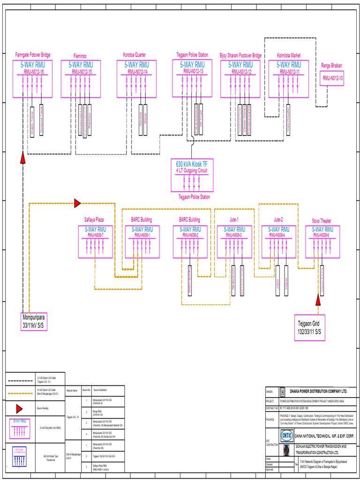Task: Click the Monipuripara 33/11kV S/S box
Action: [x=35, y=321]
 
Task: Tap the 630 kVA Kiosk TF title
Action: [x=191, y=164]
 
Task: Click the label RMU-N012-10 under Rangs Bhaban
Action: [x=332, y=79]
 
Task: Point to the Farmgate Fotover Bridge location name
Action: [x=33, y=55]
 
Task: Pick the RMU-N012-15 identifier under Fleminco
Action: [x=82, y=72]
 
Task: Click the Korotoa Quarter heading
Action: [x=135, y=55]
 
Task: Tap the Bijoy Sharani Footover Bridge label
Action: [x=240, y=55]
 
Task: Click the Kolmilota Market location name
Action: [x=289, y=55]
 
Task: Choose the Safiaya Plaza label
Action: [x=94, y=219]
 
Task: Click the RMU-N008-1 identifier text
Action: [x=142, y=236]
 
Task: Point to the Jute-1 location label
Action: [x=234, y=219]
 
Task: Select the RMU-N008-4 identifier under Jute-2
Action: [x=278, y=236]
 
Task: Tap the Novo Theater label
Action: [x=322, y=221]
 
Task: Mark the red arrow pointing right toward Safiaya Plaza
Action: [x=77, y=203]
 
